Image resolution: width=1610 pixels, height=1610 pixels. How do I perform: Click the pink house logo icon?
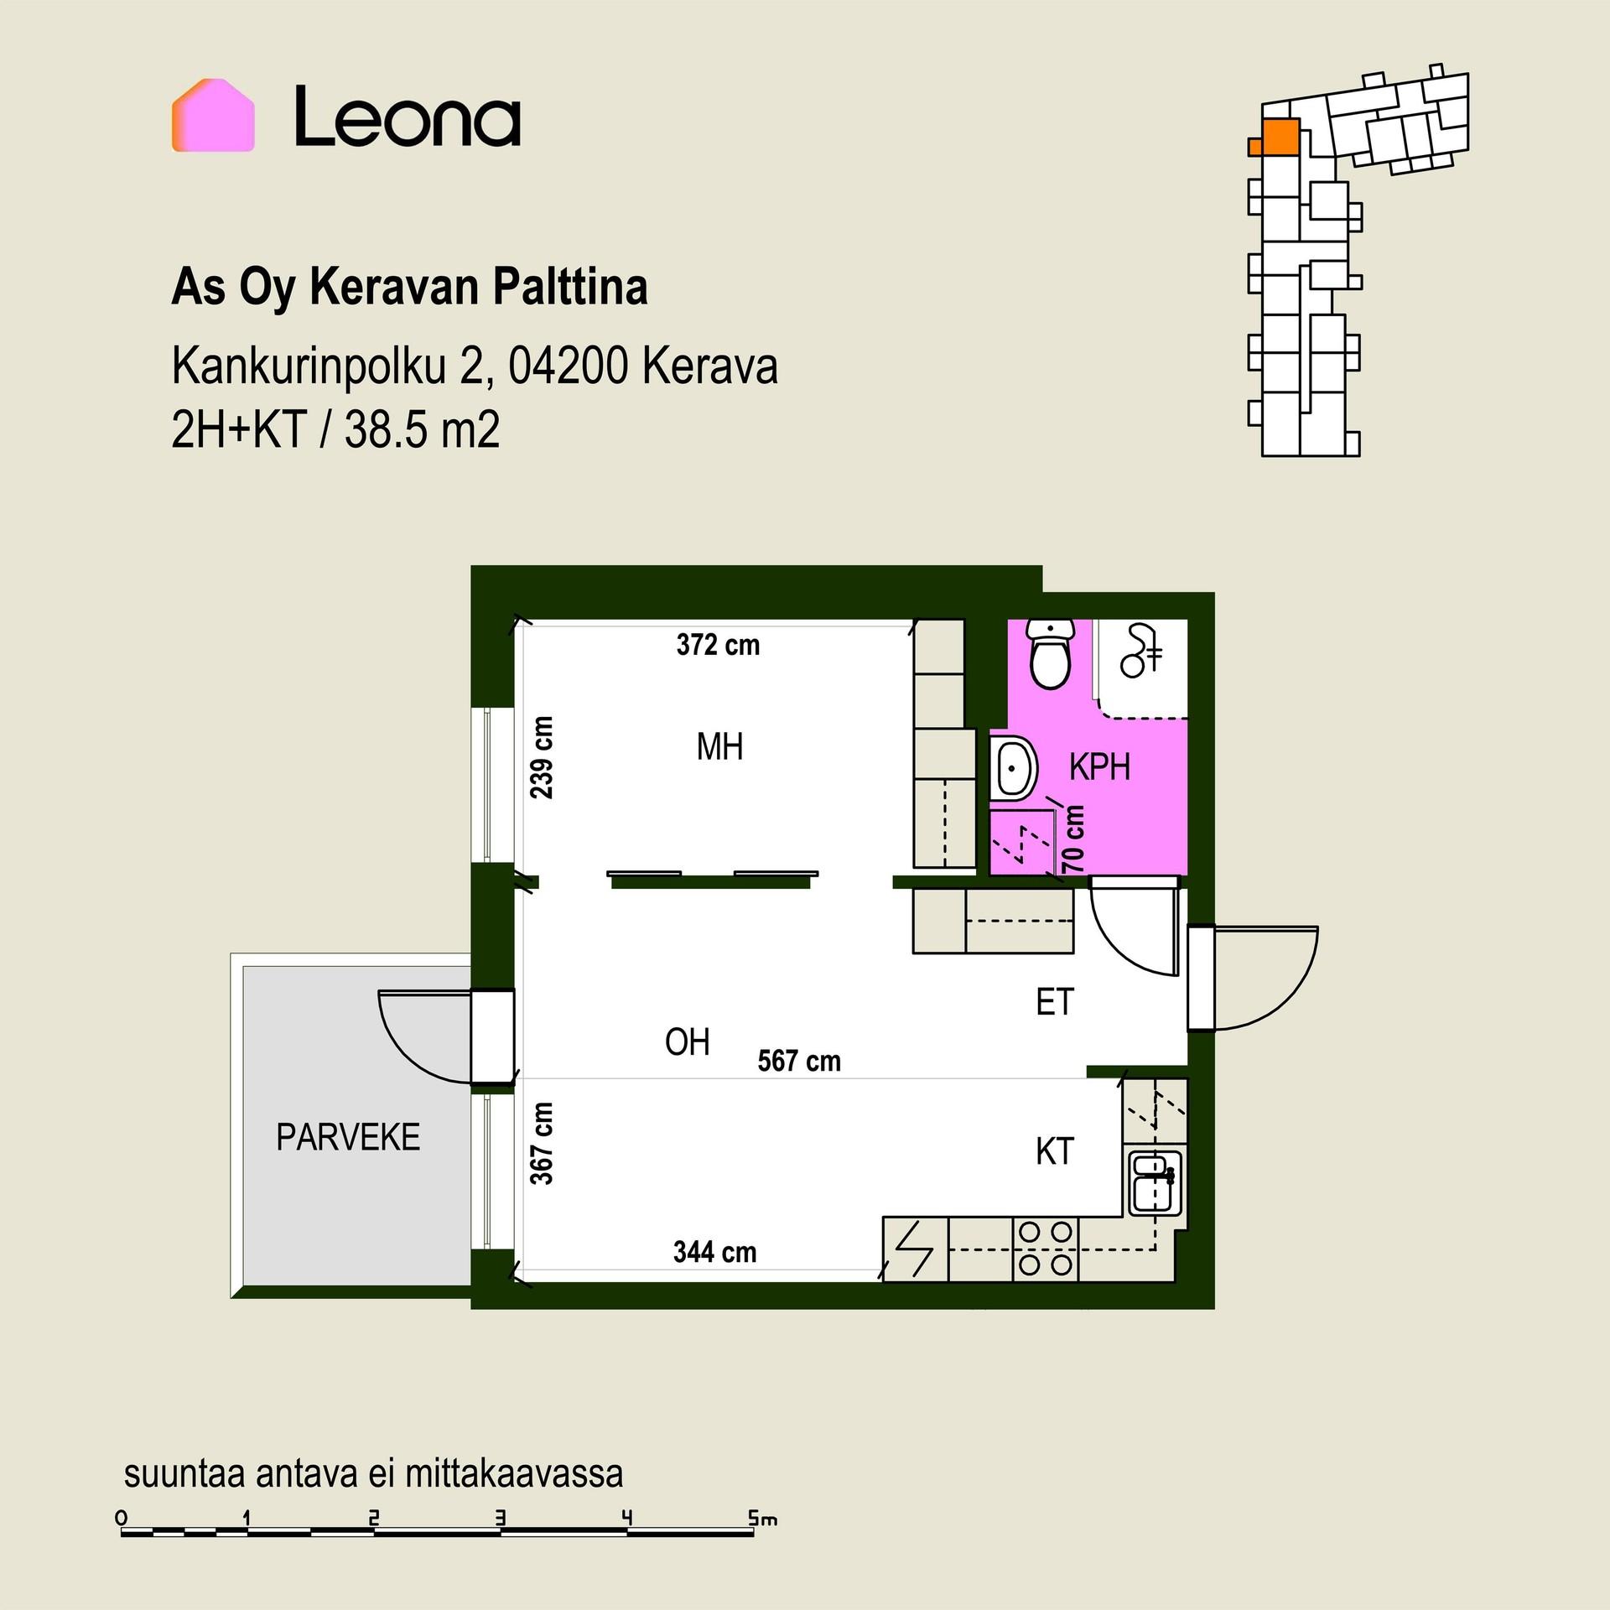[x=213, y=116]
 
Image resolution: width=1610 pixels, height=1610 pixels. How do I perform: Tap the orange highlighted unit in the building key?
[x=1275, y=138]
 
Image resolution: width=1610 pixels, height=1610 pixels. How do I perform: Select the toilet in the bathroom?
[x=1051, y=652]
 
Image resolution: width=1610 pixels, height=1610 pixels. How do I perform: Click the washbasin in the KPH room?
[x=1015, y=767]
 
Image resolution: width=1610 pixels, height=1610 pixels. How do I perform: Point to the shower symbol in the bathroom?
[x=1141, y=650]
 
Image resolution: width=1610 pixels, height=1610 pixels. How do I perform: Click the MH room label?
[x=719, y=746]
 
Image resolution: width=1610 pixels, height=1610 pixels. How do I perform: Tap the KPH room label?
[x=1099, y=767]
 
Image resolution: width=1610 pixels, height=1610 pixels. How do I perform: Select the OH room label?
[x=688, y=1042]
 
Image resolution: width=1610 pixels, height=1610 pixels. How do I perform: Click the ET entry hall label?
[x=1055, y=1002]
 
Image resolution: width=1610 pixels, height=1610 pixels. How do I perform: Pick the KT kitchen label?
[x=1055, y=1151]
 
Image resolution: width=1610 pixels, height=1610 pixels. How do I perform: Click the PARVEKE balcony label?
[x=348, y=1138]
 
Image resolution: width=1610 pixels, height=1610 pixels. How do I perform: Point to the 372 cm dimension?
[x=719, y=645]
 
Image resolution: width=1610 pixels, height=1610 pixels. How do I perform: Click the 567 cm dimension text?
[x=799, y=1061]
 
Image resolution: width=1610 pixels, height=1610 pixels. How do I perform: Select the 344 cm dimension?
[x=715, y=1252]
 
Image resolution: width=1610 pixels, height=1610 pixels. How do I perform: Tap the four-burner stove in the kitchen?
[x=1046, y=1248]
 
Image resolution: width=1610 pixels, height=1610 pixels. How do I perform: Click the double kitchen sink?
[x=1155, y=1182]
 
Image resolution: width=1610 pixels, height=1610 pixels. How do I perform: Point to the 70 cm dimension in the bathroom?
[x=1073, y=839]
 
